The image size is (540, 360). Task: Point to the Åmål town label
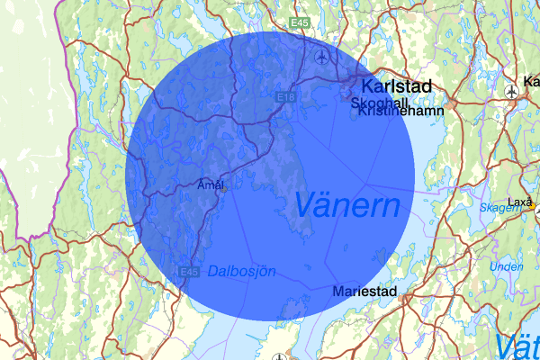tap(210, 184)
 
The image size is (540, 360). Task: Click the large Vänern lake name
tap(346, 205)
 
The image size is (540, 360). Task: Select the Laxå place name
tap(520, 201)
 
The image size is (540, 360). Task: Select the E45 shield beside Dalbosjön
tap(188, 272)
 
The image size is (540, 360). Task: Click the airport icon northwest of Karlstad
tap(322, 58)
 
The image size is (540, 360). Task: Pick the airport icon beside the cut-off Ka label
tap(512, 91)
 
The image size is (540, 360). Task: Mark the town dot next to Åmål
tap(224, 189)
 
